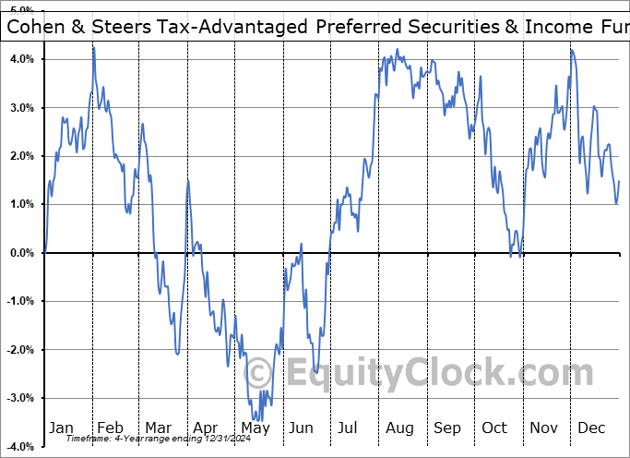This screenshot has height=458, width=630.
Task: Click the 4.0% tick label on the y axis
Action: pos(22,59)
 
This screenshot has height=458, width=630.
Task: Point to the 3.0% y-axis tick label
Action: pos(22,108)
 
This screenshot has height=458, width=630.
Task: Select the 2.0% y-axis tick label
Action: pos(22,156)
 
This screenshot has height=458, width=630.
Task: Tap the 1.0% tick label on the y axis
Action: pos(22,205)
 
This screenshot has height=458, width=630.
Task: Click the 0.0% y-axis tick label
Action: pos(22,253)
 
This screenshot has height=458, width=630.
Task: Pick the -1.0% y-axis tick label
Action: pos(20,301)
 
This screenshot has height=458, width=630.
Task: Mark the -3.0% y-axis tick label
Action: pos(20,398)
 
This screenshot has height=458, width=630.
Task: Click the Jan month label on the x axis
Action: pos(61,428)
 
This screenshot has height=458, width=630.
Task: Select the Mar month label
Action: pos(158,428)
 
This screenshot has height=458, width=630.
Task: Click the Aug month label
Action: pos(399,428)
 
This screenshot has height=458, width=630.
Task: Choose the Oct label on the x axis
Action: pos(495,428)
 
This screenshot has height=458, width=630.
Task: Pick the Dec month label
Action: pos(591,428)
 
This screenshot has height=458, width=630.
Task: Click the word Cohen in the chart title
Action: pos(36,27)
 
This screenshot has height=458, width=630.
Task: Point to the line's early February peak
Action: pos(93,47)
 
